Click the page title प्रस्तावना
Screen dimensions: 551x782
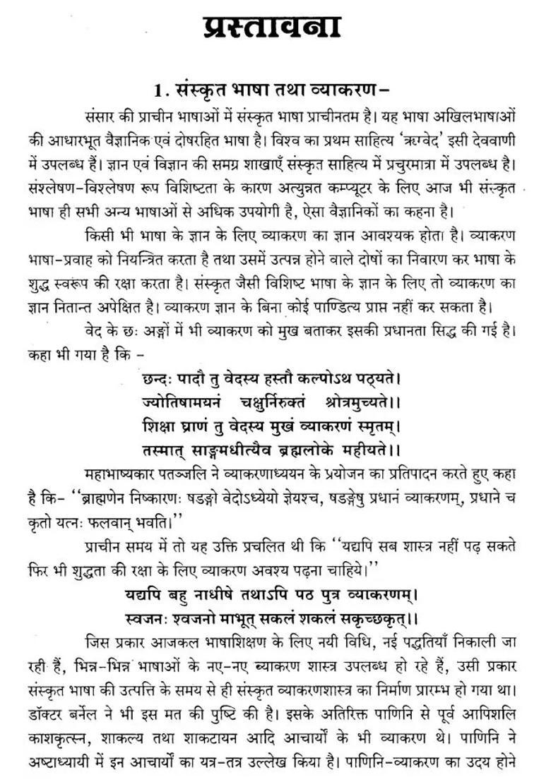pos(272,28)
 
